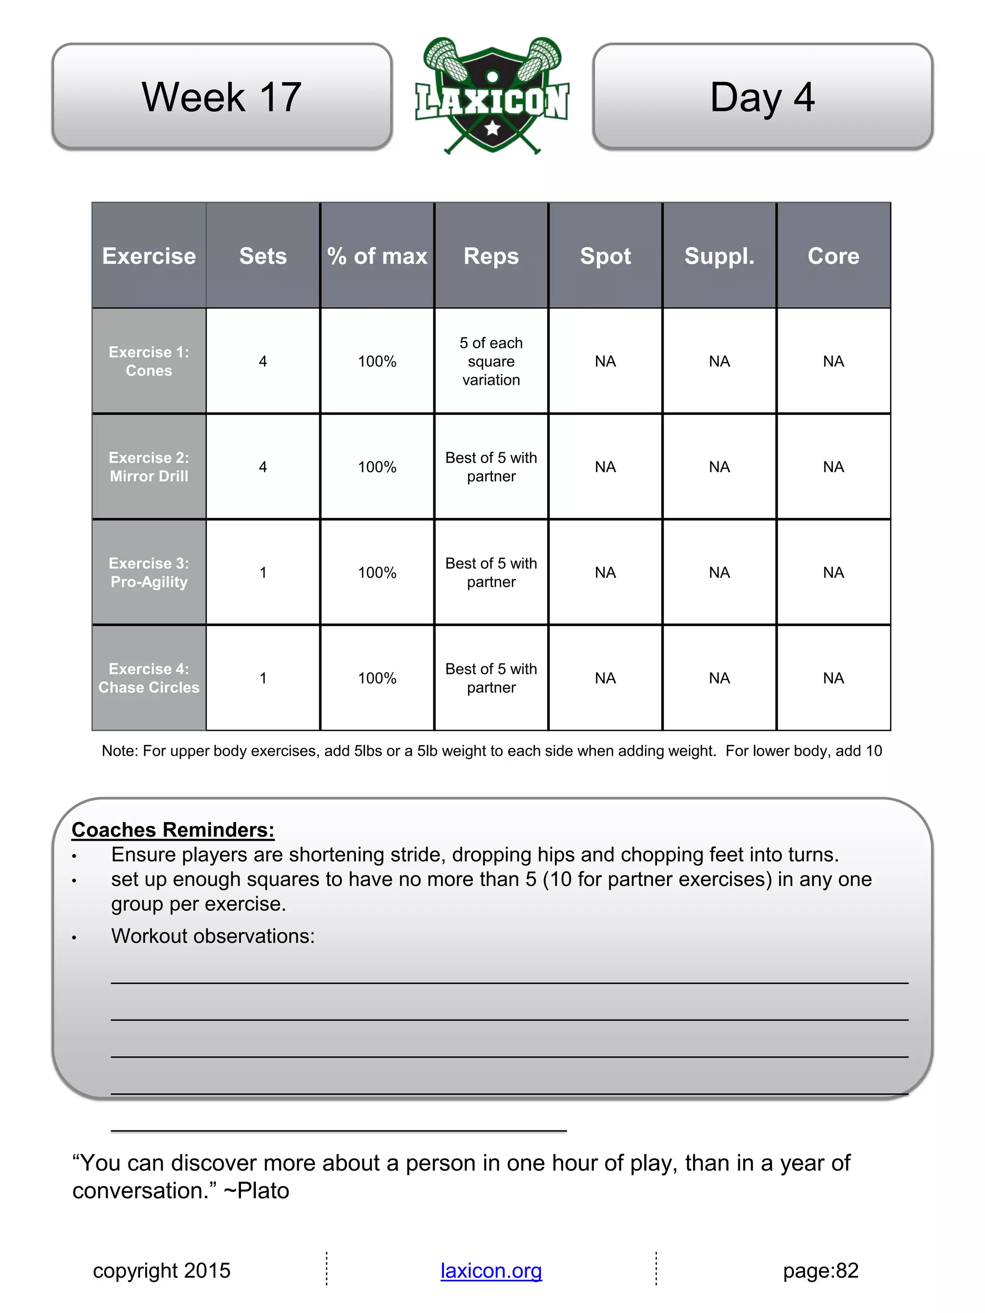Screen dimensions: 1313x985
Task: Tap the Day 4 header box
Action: click(762, 96)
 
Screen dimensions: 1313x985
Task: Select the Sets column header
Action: click(263, 256)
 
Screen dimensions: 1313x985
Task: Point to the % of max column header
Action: click(377, 256)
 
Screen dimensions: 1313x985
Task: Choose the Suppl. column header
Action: click(719, 256)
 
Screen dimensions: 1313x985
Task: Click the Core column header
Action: click(833, 256)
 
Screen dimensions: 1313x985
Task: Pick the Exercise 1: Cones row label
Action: click(149, 361)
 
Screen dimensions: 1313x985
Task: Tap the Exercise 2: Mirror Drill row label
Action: click(149, 466)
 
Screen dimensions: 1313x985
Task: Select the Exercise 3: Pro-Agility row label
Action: click(149, 572)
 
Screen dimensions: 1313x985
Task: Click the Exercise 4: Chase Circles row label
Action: click(149, 678)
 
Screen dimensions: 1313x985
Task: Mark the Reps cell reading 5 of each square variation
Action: click(491, 361)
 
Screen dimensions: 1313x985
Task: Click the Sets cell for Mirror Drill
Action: click(263, 466)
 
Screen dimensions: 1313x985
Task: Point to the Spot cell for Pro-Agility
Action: click(605, 572)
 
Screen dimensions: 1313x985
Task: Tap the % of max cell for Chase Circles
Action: click(377, 678)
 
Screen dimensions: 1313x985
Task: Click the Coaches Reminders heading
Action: click(173, 829)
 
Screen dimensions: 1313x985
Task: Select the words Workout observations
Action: click(213, 936)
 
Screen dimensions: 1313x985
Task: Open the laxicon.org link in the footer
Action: click(491, 1270)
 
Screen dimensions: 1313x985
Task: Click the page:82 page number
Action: click(821, 1270)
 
